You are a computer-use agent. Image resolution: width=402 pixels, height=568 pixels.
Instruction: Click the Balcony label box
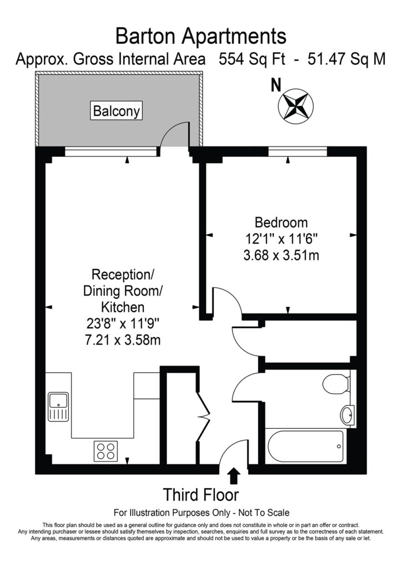click(117, 111)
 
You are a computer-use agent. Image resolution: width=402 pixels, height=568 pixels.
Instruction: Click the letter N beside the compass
click(274, 85)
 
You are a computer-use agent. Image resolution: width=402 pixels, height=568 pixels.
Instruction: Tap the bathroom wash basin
click(348, 414)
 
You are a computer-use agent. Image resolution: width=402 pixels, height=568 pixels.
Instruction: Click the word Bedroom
click(281, 223)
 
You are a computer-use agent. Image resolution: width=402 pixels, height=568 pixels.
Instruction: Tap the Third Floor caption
click(201, 494)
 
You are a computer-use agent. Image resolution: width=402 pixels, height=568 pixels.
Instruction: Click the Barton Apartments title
click(201, 37)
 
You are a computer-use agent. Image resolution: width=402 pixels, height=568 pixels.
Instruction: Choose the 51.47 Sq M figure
click(345, 59)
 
